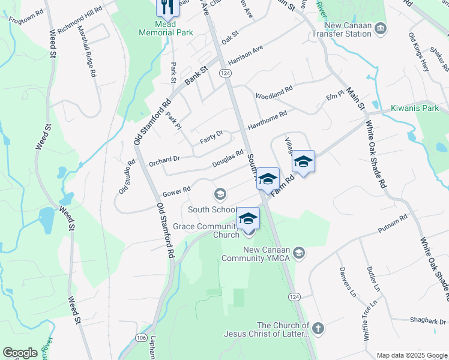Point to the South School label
(212, 209)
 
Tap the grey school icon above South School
(220, 194)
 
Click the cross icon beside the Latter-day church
(318, 328)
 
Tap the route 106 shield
(141, 338)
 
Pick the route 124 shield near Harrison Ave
(225, 73)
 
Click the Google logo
(20, 353)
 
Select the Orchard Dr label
(164, 160)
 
